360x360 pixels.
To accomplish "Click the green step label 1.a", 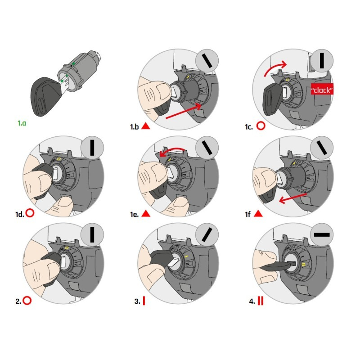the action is tap(22, 123).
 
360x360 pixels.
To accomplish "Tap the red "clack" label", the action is tap(322, 90).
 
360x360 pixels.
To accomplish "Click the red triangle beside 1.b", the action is tap(145, 126).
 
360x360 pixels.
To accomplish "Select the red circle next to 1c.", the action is tap(261, 126).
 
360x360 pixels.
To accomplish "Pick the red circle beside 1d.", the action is tap(30, 213).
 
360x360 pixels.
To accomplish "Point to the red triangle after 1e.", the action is tap(145, 214).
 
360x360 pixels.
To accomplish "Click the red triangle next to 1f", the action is tap(258, 214).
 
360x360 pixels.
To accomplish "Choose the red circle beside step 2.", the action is tap(27, 301).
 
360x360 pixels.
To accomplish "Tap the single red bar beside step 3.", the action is tap(144, 301).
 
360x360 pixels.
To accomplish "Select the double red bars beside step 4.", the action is tap(261, 301).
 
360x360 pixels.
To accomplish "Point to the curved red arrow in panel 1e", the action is tap(173, 150).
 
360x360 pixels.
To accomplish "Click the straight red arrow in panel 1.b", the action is tap(184, 111).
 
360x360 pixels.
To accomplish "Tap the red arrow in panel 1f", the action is tap(293, 198).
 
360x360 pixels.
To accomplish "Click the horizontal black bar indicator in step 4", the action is tap(322, 234).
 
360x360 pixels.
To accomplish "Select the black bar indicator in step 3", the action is tap(207, 234).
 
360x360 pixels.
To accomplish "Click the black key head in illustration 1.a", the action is tap(45, 96).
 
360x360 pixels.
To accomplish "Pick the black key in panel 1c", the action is tap(273, 99).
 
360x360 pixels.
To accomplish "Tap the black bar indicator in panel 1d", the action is tap(92, 148).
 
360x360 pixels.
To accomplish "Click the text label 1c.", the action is tap(249, 127).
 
